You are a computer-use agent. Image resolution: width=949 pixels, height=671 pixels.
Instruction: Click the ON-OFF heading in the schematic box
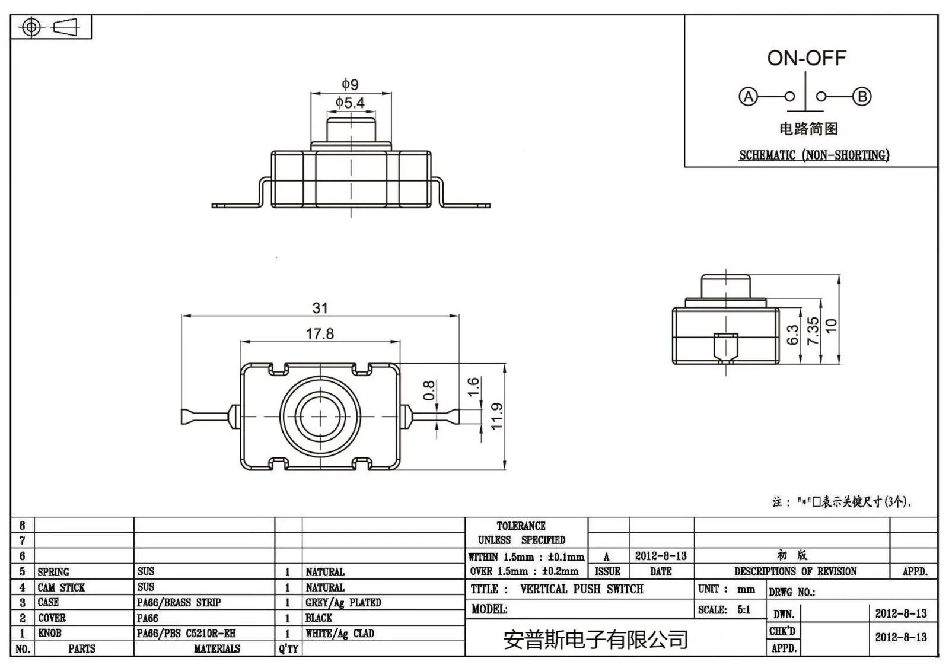point(807,59)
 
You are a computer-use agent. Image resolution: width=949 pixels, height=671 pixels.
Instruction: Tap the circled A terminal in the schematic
point(748,96)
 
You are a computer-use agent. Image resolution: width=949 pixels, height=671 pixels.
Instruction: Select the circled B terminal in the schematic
point(862,96)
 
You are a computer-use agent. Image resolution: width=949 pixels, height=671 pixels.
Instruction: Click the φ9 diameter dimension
point(351,84)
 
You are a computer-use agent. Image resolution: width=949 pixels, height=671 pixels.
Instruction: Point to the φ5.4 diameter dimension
point(350,103)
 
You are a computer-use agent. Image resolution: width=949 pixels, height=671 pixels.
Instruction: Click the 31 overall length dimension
point(320,308)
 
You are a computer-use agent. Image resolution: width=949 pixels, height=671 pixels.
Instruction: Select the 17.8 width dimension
point(320,334)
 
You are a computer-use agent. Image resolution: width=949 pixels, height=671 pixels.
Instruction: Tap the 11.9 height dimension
point(496,416)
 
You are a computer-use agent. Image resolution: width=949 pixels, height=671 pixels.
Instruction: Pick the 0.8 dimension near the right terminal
point(429,390)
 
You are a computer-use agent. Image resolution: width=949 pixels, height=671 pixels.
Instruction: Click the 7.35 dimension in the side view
point(813,331)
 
